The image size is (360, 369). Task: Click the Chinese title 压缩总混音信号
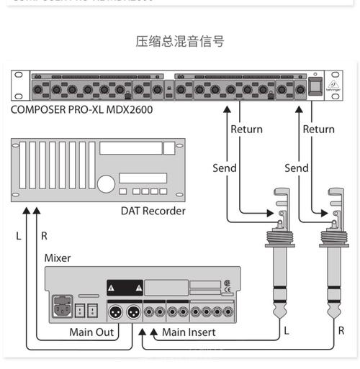tap(180, 41)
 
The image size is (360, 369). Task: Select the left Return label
tap(246, 129)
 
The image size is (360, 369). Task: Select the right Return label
tap(318, 129)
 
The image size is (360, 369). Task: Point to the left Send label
tap(225, 168)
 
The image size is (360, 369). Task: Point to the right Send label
tap(297, 168)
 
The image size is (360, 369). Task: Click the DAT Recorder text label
tap(153, 211)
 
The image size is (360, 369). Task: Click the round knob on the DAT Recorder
tap(106, 185)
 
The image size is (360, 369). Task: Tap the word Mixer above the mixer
tap(58, 258)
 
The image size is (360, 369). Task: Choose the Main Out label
tap(91, 332)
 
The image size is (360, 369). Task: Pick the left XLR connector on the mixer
tap(114, 312)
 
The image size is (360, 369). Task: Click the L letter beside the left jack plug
tap(286, 332)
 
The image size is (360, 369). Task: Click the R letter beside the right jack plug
tap(341, 332)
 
